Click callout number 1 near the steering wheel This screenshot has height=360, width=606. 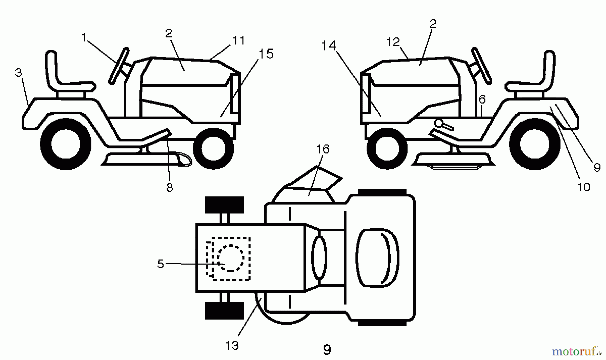click(84, 37)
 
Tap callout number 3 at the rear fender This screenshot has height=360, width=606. click(19, 73)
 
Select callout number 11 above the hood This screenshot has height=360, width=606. click(239, 40)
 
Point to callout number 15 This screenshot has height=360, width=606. click(266, 54)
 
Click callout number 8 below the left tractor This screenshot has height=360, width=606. click(170, 188)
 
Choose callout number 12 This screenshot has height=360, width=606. click(393, 42)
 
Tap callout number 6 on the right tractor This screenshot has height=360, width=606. click(482, 99)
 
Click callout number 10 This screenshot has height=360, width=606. click(584, 187)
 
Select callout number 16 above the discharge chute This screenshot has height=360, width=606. click(323, 149)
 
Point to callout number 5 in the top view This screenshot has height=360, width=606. click(161, 264)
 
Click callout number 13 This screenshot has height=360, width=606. click(232, 345)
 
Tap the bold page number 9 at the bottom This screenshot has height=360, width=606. click(327, 350)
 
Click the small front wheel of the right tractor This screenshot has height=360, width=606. click(387, 148)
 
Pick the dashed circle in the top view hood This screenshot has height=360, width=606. click(230, 258)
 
